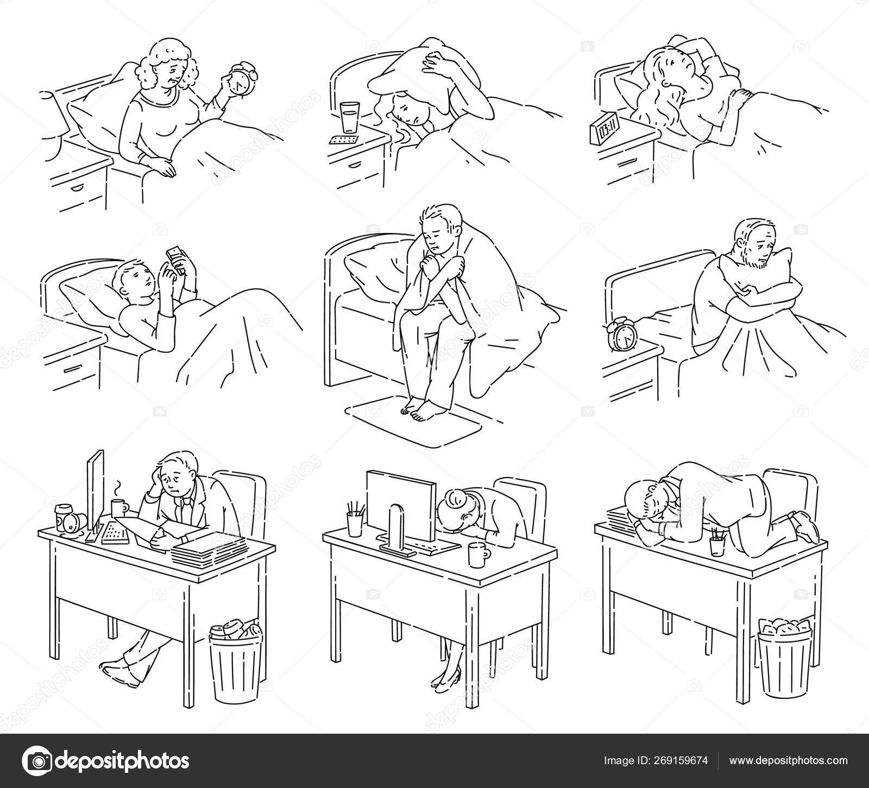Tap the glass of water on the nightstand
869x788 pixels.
coord(348,118)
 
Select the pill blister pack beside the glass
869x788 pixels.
coord(343,140)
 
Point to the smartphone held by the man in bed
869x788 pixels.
coord(174,255)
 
